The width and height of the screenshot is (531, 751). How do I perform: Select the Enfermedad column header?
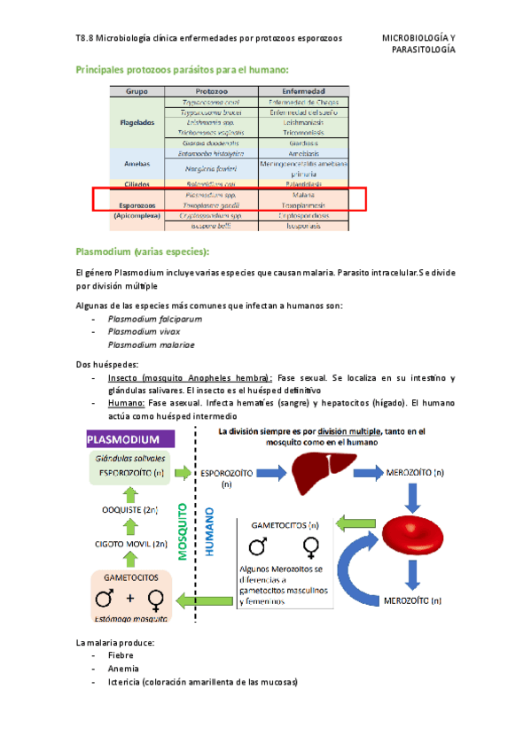click(x=303, y=91)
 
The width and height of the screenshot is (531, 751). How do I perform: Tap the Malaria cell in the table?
click(x=303, y=193)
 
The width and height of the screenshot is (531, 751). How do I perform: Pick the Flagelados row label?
click(x=137, y=122)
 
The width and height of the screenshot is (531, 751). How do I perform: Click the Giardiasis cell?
click(x=303, y=143)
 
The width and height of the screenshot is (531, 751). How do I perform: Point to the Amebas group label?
click(x=137, y=164)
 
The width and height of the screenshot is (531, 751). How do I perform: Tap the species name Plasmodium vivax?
click(x=143, y=331)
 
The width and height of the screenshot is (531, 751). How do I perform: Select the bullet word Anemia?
click(x=124, y=669)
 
